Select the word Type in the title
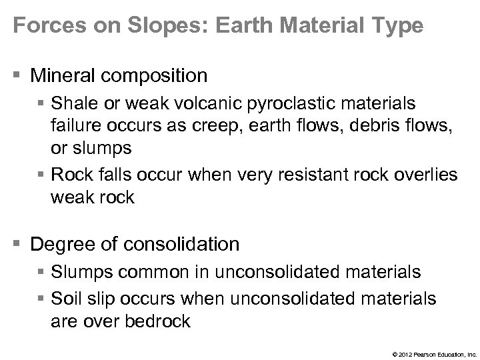pyautogui.click(x=393, y=26)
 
